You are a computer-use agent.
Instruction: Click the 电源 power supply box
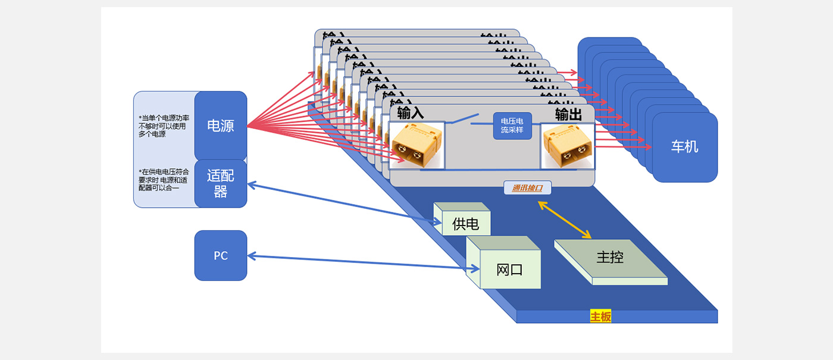pos(220,126)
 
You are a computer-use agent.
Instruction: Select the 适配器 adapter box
pos(220,183)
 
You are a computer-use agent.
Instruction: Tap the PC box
pos(220,256)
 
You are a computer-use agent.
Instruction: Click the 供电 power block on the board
pos(465,224)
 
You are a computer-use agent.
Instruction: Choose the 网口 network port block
pos(509,269)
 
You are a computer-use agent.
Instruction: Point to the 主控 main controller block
pos(609,258)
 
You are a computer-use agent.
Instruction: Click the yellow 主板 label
pos(600,317)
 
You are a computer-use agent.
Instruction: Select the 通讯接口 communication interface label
pos(527,188)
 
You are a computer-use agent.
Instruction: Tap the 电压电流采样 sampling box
pos(512,126)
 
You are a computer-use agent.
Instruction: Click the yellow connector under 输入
pos(416,145)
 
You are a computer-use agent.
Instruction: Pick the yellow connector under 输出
pos(567,145)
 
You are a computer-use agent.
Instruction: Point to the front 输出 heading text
pos(568,114)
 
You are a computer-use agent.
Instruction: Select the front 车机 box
pos(684,146)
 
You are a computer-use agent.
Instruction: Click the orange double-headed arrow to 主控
pos(564,220)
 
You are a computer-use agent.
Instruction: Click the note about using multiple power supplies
pos(164,126)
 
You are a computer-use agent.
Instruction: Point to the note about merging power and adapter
pos(164,180)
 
